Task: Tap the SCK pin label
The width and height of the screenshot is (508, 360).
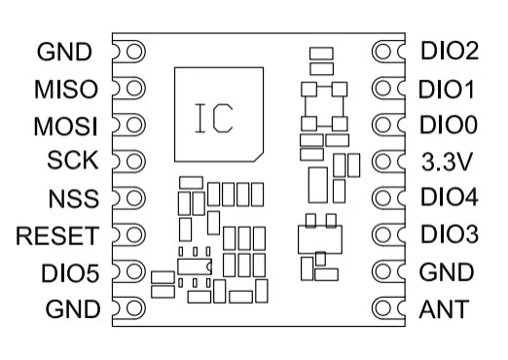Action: click(x=74, y=161)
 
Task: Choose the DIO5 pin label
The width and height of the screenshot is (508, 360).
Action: click(x=69, y=271)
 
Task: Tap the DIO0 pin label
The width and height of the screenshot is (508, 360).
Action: click(x=448, y=126)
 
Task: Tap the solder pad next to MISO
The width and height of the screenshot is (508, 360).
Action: click(x=130, y=89)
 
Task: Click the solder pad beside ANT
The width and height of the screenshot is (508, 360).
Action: click(x=386, y=309)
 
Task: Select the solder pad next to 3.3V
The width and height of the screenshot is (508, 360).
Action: click(x=386, y=162)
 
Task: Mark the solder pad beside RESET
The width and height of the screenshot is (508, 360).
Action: click(x=130, y=235)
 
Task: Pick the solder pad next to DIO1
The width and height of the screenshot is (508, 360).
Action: click(x=386, y=89)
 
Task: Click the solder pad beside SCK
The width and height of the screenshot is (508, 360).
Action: click(x=130, y=162)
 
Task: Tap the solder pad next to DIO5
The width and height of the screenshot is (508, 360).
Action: click(x=130, y=272)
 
